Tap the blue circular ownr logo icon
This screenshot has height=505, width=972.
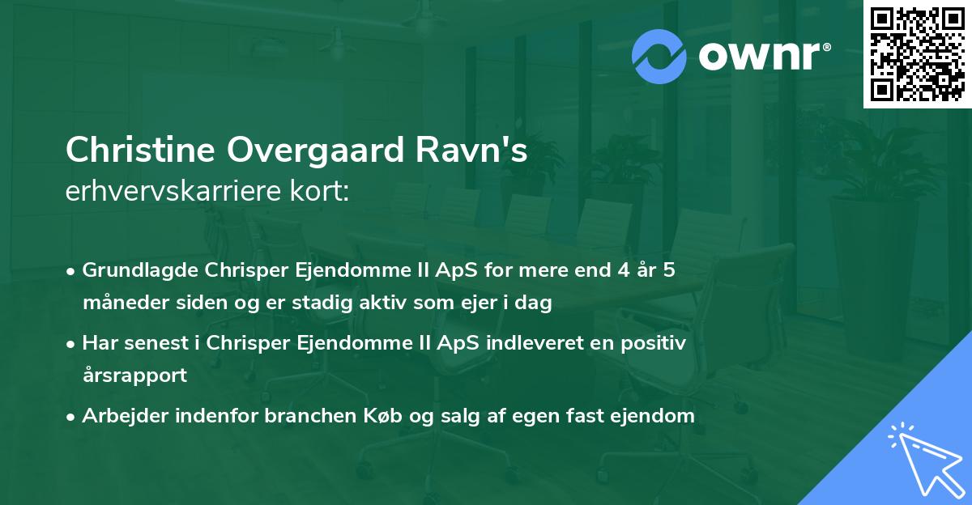(x=660, y=57)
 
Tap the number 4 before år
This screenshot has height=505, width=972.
(x=620, y=270)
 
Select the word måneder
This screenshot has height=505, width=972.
(x=121, y=303)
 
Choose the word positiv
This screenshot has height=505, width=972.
(x=654, y=343)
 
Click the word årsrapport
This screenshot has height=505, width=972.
(x=134, y=376)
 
